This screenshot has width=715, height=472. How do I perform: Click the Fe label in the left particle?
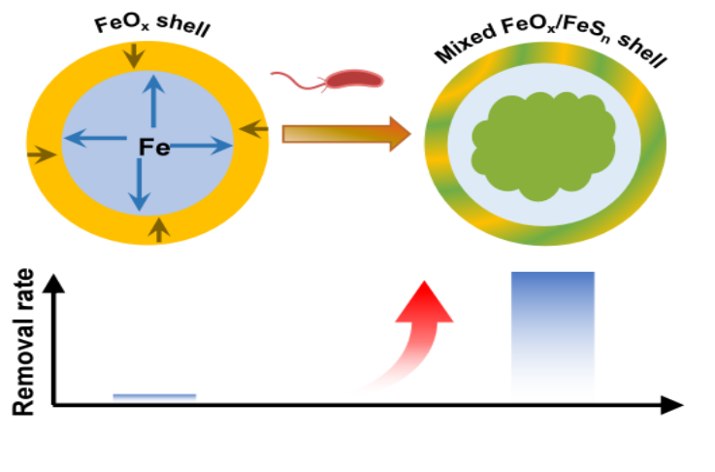[x=154, y=148]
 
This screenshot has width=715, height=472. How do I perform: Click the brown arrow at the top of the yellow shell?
[x=134, y=54]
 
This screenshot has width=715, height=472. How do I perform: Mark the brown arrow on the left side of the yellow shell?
[x=41, y=154]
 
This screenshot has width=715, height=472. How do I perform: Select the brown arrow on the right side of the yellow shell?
[x=253, y=127]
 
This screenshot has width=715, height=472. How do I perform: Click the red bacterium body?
[x=353, y=79]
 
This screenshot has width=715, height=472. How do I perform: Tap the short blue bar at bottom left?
[x=154, y=398]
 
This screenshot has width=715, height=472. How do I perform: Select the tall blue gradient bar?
[x=553, y=336]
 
